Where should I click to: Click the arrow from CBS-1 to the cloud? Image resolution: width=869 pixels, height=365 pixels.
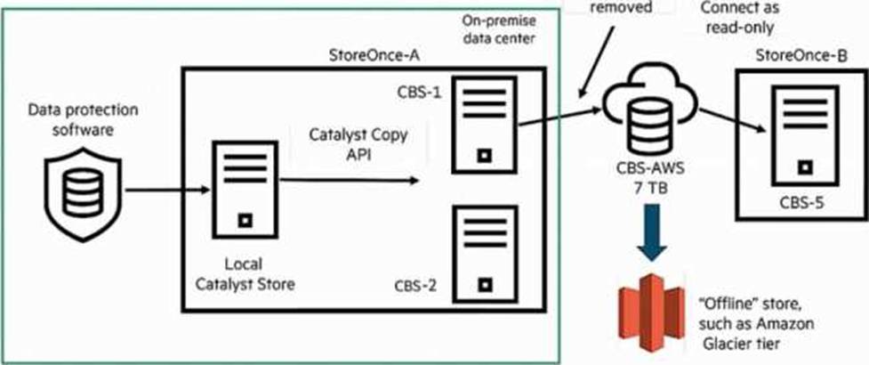click(559, 117)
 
